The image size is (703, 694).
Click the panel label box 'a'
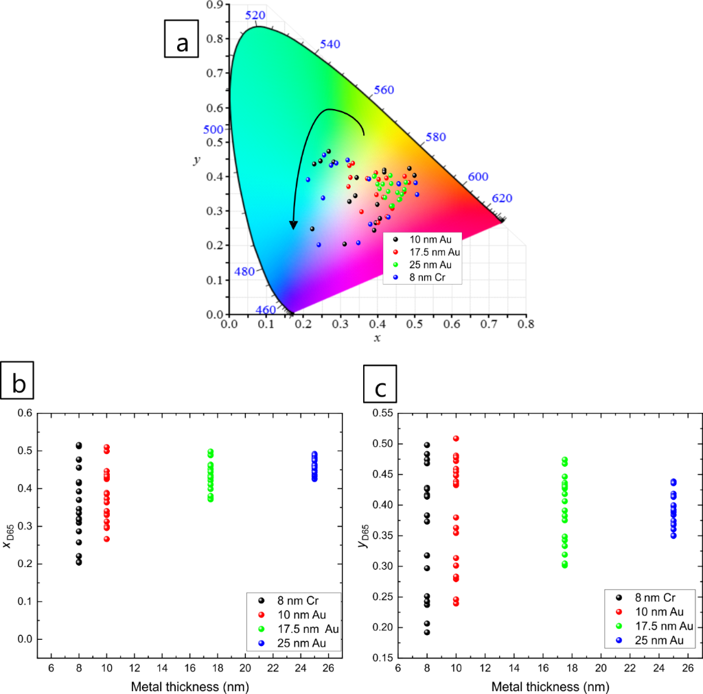[x=182, y=42]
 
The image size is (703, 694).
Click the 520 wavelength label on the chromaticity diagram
[x=255, y=15]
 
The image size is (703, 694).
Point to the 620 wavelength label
[x=502, y=199]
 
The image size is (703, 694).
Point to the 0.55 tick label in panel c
[x=383, y=414]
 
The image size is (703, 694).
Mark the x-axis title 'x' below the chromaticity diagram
[x=377, y=338]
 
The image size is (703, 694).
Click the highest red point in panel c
[x=454, y=438]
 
